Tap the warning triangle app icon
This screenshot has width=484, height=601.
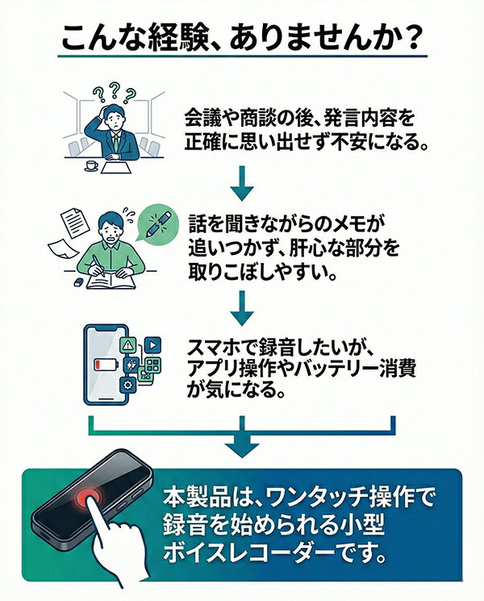click(128, 345)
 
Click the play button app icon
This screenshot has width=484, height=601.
click(152, 344)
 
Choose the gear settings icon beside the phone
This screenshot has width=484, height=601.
click(127, 385)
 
